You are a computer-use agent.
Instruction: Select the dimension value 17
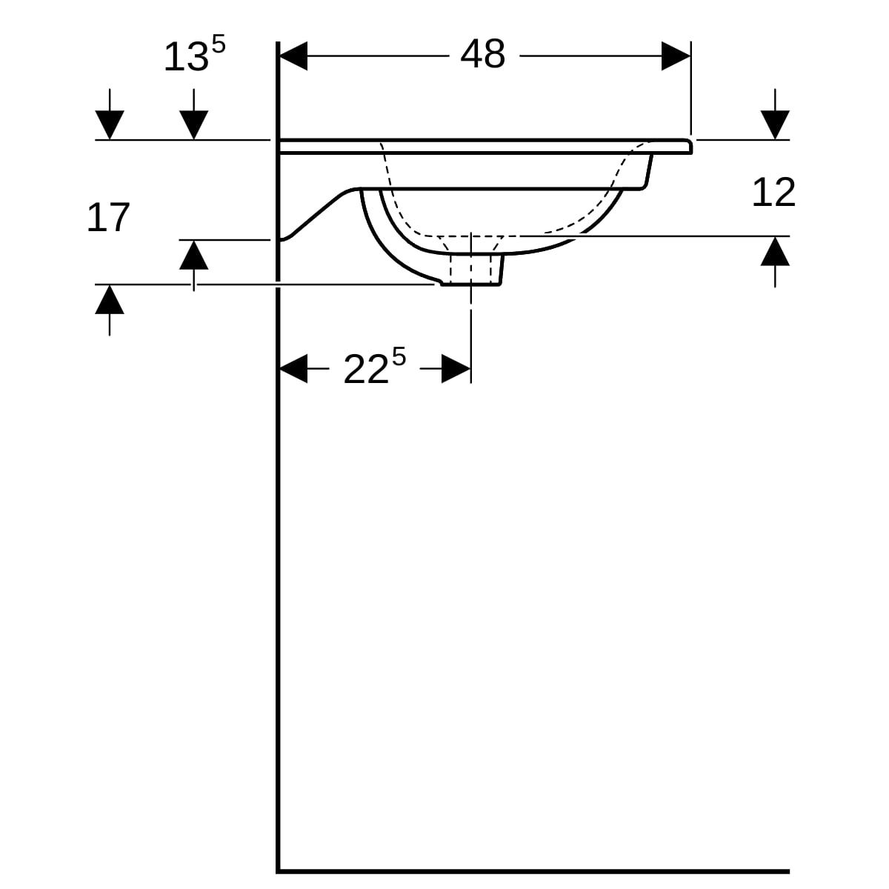click(108, 218)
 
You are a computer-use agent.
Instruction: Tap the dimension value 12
click(773, 193)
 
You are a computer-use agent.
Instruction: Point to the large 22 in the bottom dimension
click(366, 369)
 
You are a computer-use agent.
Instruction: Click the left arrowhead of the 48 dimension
click(293, 56)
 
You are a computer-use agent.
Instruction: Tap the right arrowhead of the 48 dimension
click(676, 56)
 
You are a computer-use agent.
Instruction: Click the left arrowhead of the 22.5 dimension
click(293, 369)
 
